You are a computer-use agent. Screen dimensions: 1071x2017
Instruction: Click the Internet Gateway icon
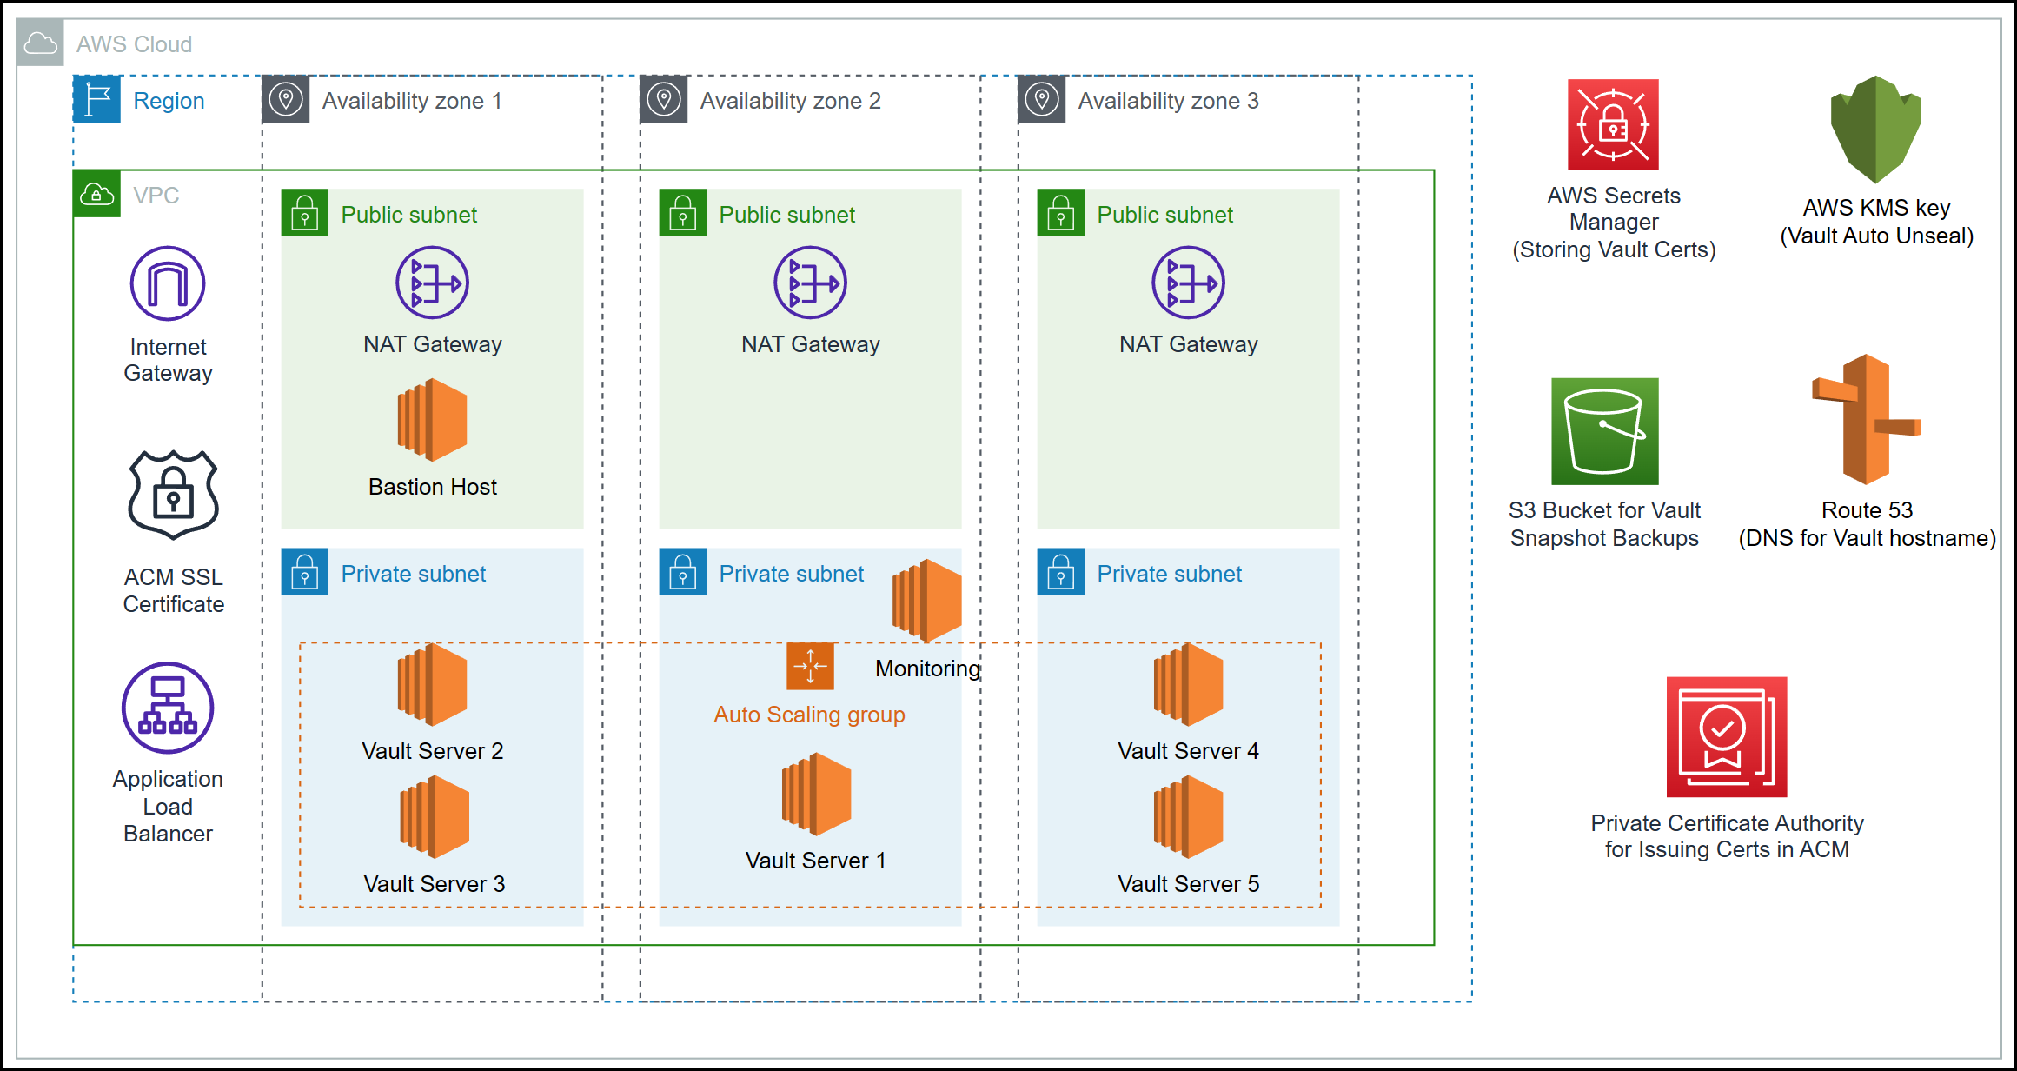(x=168, y=283)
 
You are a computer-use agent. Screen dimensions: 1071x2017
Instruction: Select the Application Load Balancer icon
(x=168, y=708)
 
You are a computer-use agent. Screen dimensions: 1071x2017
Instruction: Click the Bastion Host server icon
(x=432, y=420)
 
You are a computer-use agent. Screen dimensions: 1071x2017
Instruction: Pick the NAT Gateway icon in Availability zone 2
(x=810, y=283)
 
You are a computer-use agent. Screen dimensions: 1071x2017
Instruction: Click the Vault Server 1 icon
(x=816, y=795)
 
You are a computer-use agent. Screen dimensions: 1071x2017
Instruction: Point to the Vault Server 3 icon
(x=434, y=817)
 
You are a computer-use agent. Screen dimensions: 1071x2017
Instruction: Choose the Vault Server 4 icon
(x=1188, y=685)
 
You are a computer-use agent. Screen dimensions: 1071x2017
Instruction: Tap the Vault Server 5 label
(x=1188, y=884)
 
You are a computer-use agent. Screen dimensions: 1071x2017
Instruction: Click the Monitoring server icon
(x=926, y=601)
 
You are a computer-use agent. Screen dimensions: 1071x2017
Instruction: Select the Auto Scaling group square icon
(x=810, y=666)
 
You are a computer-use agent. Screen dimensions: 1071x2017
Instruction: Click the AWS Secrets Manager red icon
(x=1613, y=124)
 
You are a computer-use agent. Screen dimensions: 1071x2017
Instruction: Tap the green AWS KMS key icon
(x=1875, y=129)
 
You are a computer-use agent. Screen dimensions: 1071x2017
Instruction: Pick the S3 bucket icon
(x=1604, y=431)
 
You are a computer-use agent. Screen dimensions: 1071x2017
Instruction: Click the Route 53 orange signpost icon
(x=1866, y=419)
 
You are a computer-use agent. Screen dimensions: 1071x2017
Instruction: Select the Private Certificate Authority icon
(x=1726, y=736)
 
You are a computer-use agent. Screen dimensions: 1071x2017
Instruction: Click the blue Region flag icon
(x=96, y=99)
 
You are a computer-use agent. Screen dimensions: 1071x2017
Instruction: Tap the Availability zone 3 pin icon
(x=1041, y=99)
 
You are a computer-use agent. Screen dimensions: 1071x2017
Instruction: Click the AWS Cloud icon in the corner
(x=40, y=43)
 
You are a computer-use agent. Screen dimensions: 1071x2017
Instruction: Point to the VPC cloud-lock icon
(x=96, y=194)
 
